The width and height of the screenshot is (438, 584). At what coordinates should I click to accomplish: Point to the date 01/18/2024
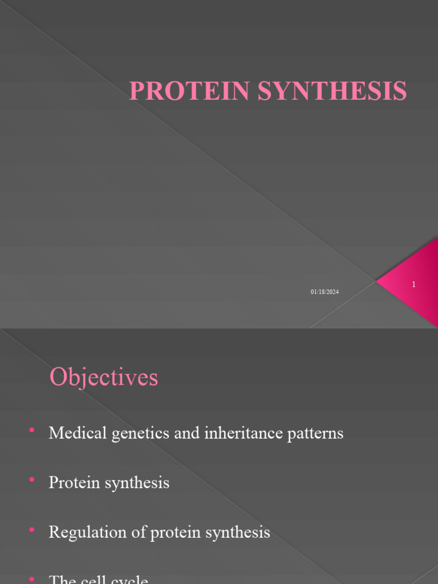(x=325, y=292)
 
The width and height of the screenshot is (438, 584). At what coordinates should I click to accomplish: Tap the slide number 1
(x=413, y=284)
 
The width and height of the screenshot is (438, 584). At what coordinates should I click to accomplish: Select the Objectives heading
(x=103, y=378)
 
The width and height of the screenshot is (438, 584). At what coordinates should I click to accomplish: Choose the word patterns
(x=316, y=434)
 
